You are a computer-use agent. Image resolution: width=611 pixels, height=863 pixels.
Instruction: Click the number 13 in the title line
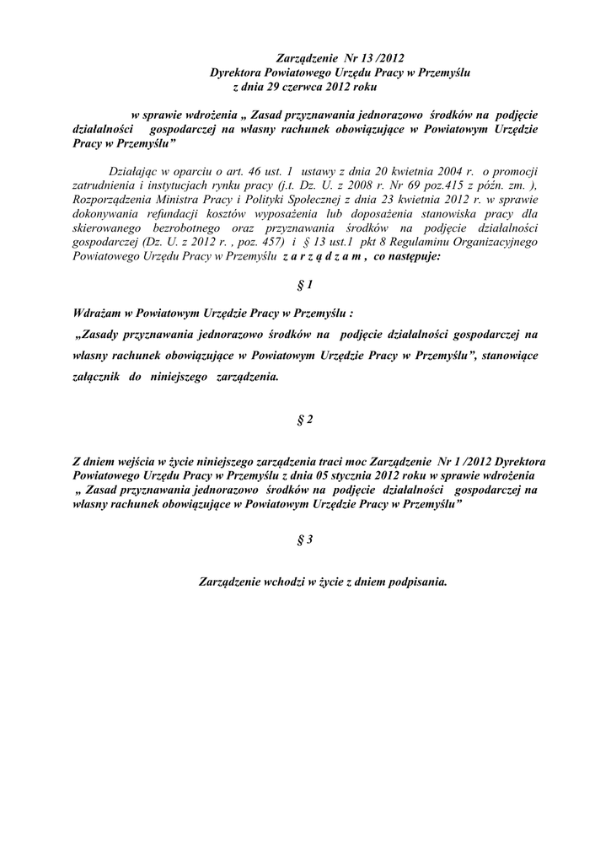371,58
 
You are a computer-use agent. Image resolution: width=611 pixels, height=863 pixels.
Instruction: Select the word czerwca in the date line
302,87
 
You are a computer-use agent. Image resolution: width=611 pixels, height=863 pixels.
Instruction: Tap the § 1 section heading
305,286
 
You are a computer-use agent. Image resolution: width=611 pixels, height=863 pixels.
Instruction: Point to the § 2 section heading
305,421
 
